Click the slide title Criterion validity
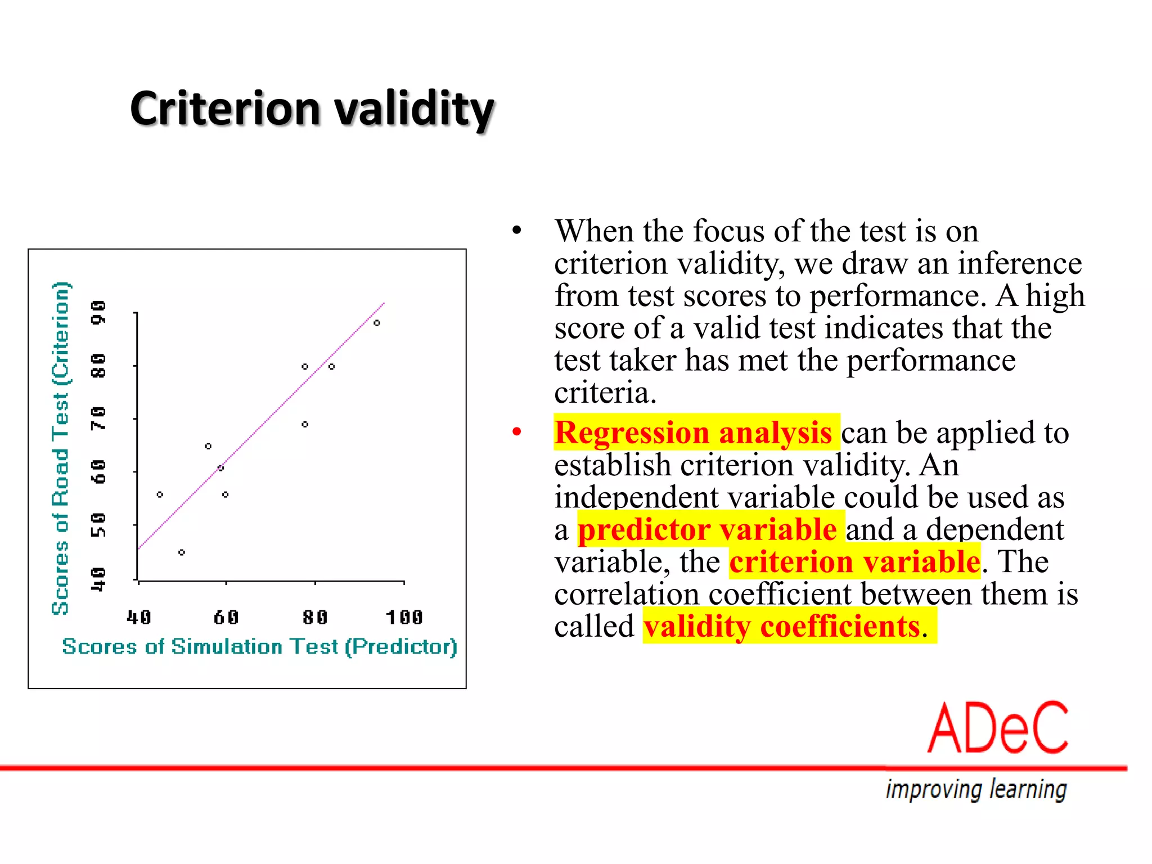tap(312, 108)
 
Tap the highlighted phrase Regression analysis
tap(693, 433)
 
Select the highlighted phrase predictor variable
tap(707, 529)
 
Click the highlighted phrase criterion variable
tap(854, 561)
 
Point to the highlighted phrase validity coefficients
tap(782, 626)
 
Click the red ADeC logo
tap(997, 728)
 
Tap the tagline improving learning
tap(976, 789)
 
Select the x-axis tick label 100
tap(404, 617)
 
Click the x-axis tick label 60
tap(226, 617)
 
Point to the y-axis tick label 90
tap(98, 312)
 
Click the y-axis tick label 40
tap(98, 579)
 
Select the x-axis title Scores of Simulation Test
tap(259, 646)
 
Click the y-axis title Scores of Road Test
tap(60, 448)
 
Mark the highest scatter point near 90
tap(377, 323)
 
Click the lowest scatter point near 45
tap(182, 552)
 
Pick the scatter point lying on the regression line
tap(220, 468)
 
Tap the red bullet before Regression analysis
tap(517, 432)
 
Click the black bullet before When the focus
tap(517, 231)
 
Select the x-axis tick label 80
tap(315, 617)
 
